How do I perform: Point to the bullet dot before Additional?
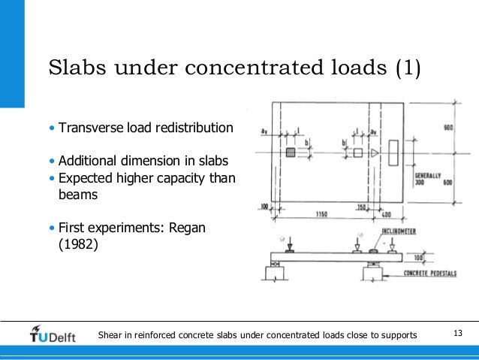[52, 161]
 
